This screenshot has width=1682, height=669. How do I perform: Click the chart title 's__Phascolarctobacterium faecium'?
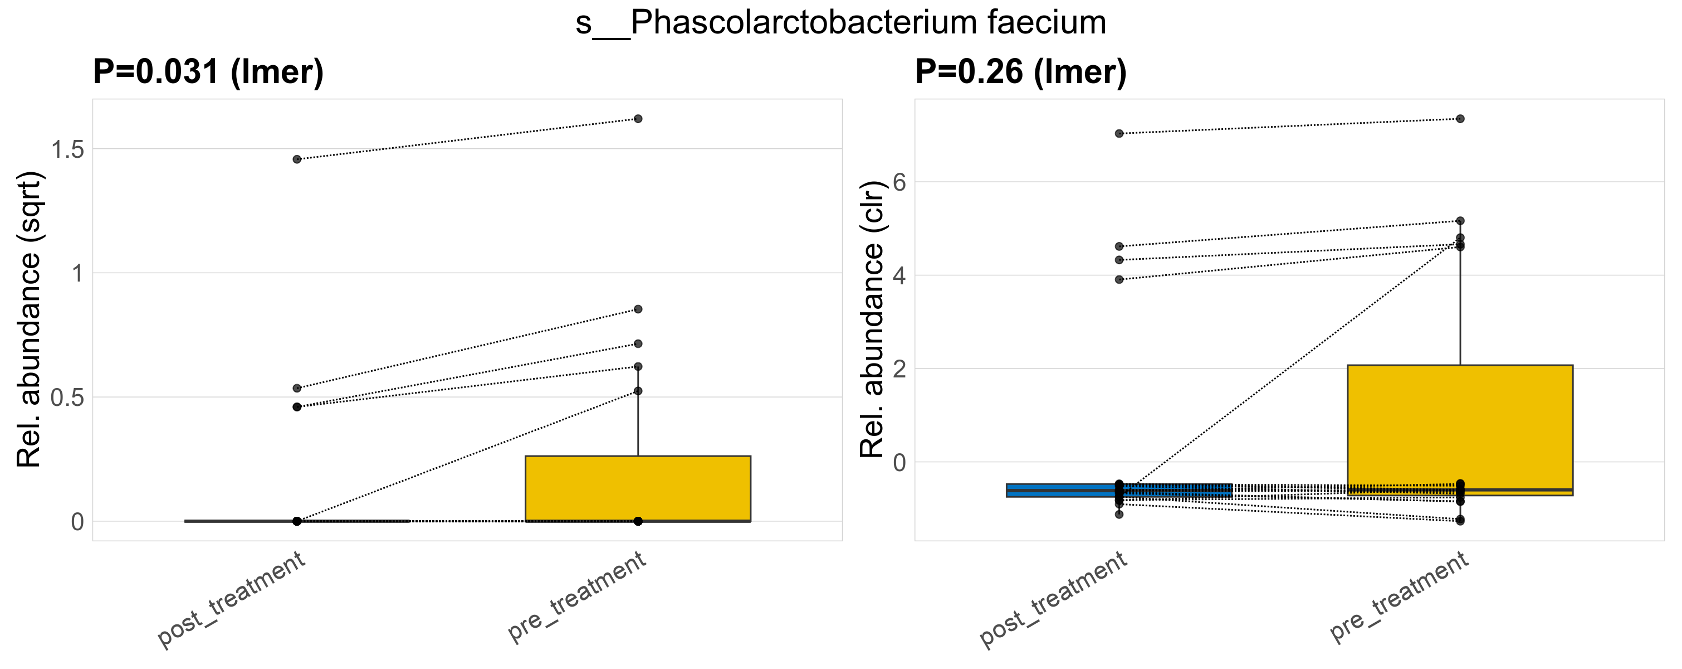840,23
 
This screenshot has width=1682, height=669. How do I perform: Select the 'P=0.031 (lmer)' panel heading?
208,72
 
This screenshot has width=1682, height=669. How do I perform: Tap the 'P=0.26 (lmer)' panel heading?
1020,72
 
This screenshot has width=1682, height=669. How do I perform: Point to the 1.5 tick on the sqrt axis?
69,149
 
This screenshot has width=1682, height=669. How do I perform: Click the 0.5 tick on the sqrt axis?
69,397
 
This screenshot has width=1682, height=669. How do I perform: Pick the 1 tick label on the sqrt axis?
78,273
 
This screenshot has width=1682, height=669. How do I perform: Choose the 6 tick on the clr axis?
899,182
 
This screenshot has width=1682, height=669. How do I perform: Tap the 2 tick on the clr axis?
899,369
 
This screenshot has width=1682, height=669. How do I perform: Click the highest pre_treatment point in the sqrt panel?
638,119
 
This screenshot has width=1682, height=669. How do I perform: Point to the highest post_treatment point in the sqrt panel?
297,159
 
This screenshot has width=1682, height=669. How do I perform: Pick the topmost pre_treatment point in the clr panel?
1460,119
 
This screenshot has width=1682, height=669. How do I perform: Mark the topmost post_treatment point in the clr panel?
1119,133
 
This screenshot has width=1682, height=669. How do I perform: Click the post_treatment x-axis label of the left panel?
232,600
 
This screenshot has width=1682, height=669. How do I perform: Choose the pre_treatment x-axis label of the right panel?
1399,597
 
